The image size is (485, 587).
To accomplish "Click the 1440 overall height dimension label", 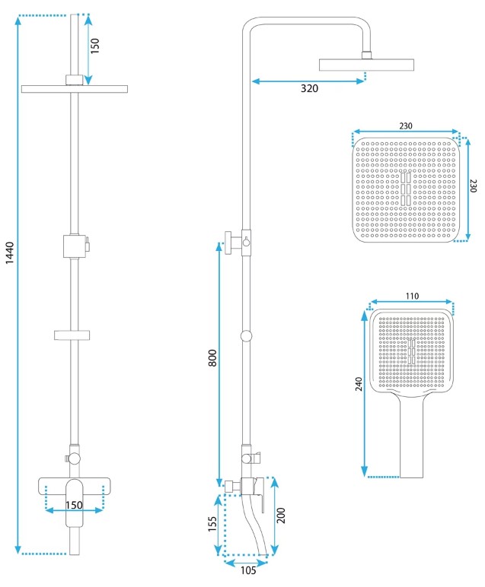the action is point(10,253).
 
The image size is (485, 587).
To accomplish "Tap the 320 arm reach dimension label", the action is point(309,88).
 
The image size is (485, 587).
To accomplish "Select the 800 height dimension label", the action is point(212,357).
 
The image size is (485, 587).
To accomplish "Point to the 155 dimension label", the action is point(212,523).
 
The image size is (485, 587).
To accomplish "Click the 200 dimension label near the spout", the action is point(281,516).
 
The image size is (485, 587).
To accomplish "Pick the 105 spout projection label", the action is point(248,570).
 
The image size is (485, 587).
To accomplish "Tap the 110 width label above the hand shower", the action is point(412,296).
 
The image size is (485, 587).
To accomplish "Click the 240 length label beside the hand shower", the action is point(359,384).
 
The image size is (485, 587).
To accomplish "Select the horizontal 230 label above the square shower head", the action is point(406,125).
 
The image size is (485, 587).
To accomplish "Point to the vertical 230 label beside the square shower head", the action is point(473,186).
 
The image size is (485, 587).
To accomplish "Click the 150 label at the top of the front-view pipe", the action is point(95,46).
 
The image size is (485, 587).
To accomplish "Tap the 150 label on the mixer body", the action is point(74,505).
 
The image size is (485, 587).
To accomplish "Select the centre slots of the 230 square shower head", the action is point(406,189).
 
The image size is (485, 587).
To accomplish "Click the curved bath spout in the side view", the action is point(254,524).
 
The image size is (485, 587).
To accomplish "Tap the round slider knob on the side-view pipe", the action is point(246,336).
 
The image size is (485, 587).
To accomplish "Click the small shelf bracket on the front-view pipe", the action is point(72,335).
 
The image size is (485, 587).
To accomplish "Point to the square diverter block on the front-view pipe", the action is point(72,246).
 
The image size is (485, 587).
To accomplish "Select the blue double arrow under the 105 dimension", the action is point(246,563).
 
